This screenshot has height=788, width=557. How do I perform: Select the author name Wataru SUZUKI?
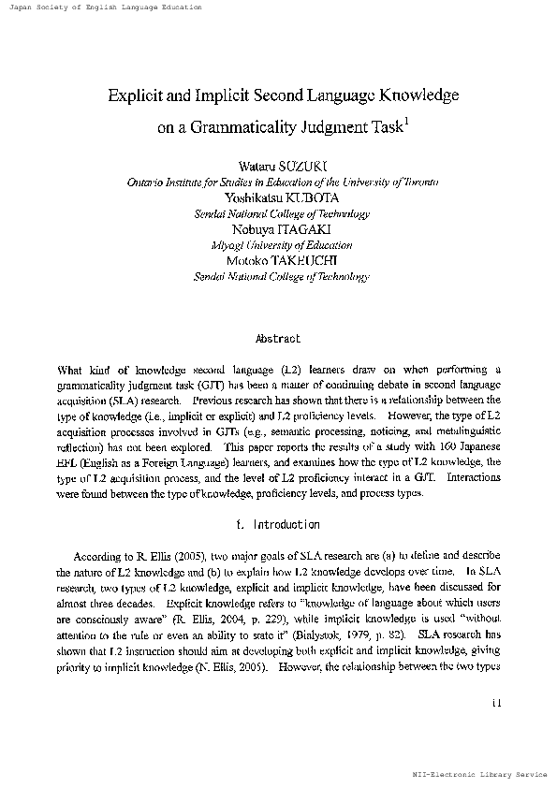pos(282,167)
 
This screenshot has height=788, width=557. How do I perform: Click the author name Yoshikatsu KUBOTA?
pos(282,197)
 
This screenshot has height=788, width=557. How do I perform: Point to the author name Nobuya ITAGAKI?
pos(282,229)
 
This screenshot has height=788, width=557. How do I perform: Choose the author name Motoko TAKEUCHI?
pos(282,261)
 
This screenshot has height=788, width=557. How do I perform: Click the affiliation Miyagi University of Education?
pos(282,245)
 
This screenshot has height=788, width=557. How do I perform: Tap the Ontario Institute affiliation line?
pos(282,182)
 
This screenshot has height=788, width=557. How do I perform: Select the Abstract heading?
pos(278,338)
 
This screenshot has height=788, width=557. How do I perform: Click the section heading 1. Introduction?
pos(278,525)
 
